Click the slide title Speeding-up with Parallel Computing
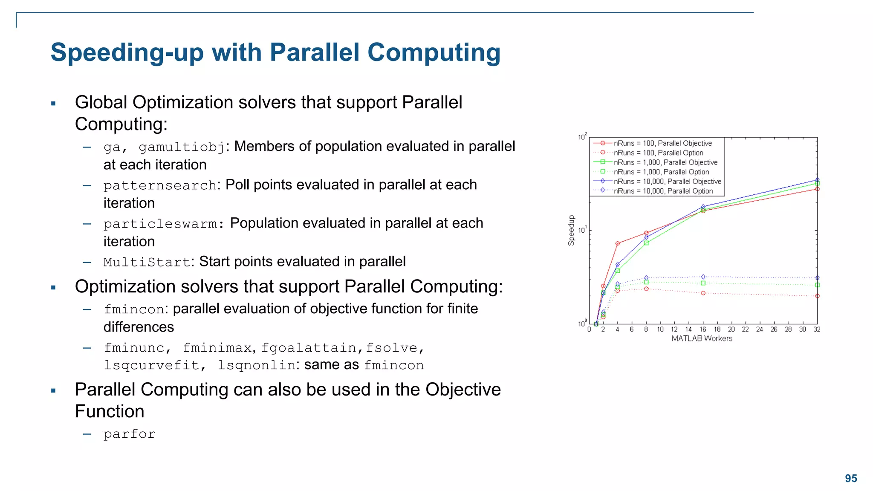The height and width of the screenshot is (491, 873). (275, 53)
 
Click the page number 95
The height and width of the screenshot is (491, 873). (851, 478)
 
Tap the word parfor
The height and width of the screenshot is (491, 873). (129, 434)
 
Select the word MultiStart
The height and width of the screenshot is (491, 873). (147, 262)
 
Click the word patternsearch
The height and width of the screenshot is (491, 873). (160, 185)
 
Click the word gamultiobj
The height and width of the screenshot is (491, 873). (182, 147)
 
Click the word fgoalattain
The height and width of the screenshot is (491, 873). (309, 348)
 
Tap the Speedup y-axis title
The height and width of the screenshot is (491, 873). (571, 230)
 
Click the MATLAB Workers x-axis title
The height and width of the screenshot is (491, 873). (702, 338)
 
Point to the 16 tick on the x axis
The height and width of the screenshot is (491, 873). (703, 329)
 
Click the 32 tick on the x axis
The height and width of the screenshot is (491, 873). (817, 329)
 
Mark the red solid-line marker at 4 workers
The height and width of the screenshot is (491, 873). (617, 243)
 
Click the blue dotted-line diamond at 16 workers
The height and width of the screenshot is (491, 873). (703, 277)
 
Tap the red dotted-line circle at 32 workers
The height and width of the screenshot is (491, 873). (817, 296)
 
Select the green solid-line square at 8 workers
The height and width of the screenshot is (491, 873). (646, 243)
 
